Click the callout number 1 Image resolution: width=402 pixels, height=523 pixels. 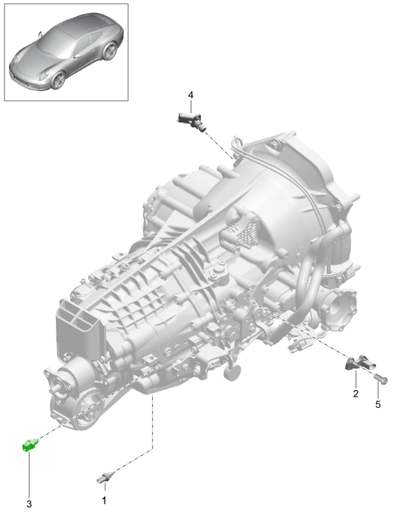click(x=104, y=501)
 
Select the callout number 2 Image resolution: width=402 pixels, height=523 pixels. click(x=356, y=394)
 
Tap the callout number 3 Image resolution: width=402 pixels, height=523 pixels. click(x=29, y=504)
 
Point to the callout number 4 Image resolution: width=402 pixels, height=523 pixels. click(x=190, y=95)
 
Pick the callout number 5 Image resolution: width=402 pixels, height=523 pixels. click(x=378, y=404)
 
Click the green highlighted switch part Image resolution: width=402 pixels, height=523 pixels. click(x=30, y=445)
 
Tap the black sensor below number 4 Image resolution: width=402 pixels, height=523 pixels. click(x=191, y=121)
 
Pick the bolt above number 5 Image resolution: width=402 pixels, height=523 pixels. click(x=380, y=379)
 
